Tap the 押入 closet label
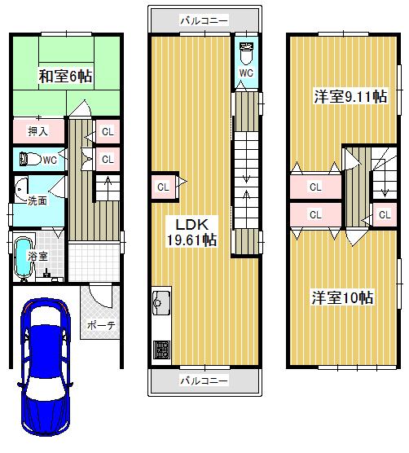(37, 130)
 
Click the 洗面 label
(37, 200)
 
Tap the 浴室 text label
(37, 256)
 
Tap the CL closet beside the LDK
(163, 187)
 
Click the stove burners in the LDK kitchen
(160, 350)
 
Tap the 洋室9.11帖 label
(350, 96)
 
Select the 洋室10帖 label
(342, 297)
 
